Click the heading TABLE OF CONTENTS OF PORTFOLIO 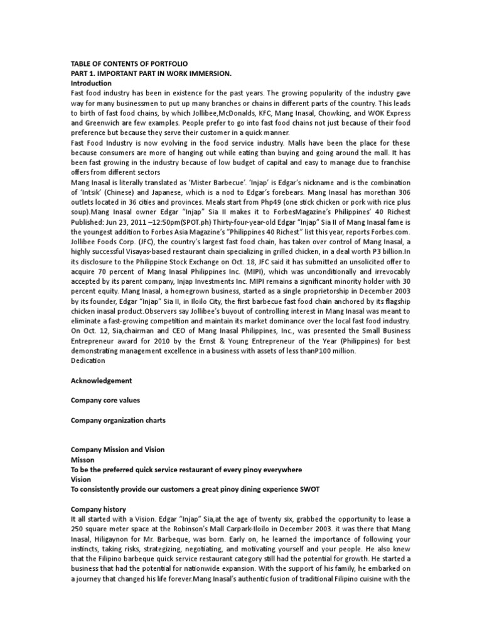point(129,64)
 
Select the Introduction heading point(91,83)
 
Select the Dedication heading point(88,360)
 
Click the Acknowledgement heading point(101,381)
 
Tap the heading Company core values point(105,400)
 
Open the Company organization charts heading point(118,420)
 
